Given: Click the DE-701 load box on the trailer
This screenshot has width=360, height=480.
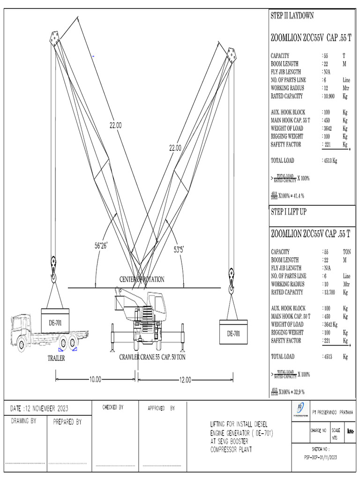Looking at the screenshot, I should pyautogui.click(x=55, y=322).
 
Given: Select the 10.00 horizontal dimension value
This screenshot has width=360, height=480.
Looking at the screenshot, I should pyautogui.click(x=95, y=380).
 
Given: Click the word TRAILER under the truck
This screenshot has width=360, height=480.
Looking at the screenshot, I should pyautogui.click(x=56, y=359).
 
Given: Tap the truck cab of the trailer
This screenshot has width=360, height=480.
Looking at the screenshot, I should pyautogui.click(x=21, y=330).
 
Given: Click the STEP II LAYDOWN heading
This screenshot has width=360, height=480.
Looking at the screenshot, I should pyautogui.click(x=292, y=16).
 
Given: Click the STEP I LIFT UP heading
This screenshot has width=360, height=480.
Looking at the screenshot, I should pyautogui.click(x=289, y=212).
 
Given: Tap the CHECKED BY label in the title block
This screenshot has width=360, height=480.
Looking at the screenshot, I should pyautogui.click(x=113, y=408).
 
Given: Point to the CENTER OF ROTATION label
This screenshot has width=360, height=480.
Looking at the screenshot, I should pyautogui.click(x=142, y=279).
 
